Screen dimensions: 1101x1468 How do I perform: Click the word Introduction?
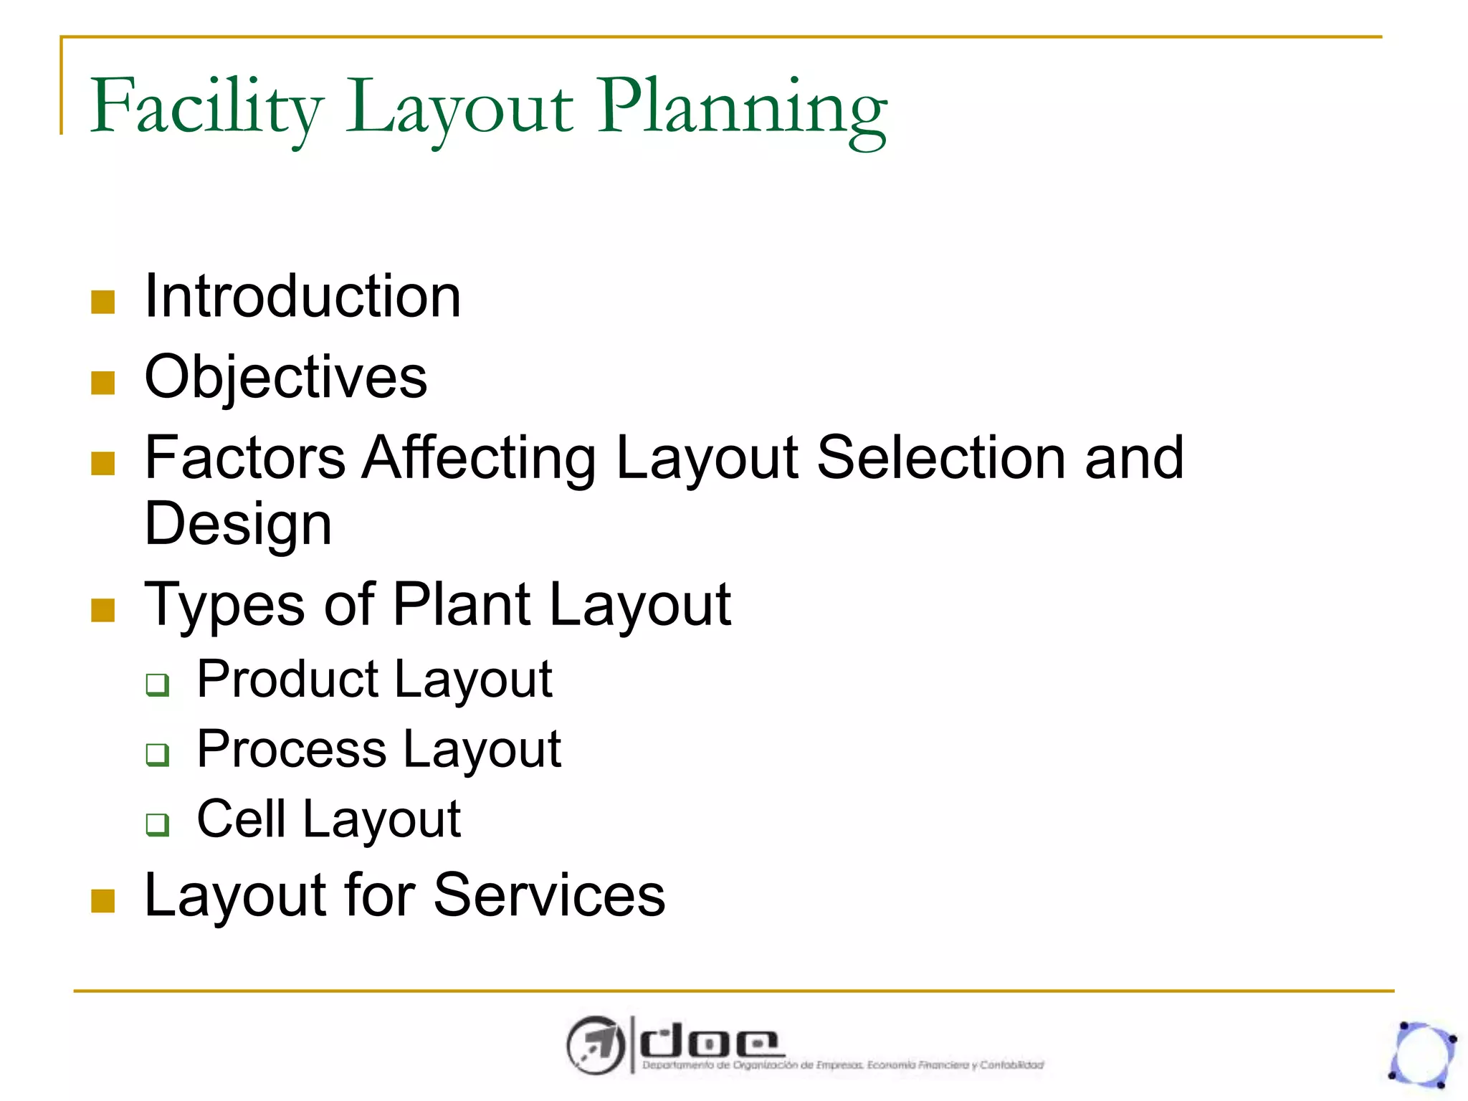(302, 297)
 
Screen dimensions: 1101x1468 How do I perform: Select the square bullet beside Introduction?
(103, 302)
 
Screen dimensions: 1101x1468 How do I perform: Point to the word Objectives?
(285, 378)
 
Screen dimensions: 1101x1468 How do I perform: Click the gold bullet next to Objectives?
(103, 383)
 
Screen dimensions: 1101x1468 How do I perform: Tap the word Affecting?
(479, 458)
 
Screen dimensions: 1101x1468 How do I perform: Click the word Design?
(238, 524)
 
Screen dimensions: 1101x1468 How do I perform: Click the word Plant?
(462, 606)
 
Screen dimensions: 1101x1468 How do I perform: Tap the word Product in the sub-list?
(287, 680)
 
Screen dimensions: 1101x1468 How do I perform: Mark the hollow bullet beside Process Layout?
(158, 755)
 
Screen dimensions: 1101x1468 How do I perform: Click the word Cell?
(241, 819)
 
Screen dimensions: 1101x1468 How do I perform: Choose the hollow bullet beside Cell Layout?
(158, 824)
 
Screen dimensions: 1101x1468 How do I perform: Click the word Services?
(549, 895)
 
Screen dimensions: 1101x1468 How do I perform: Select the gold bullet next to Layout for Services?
(103, 901)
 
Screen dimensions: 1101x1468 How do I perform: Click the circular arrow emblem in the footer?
(594, 1045)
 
